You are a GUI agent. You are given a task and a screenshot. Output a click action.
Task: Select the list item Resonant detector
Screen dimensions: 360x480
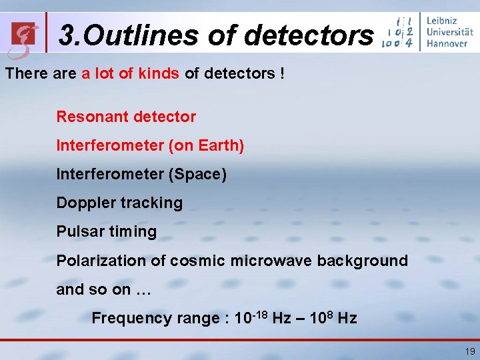tap(126, 117)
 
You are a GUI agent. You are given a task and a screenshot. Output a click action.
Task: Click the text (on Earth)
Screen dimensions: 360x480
tap(206, 145)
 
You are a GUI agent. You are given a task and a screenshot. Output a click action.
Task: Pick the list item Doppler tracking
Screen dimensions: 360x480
tap(119, 203)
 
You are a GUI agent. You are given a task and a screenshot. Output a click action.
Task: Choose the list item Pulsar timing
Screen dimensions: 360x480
tap(107, 231)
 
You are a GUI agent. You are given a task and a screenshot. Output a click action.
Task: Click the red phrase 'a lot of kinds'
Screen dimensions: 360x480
tap(130, 73)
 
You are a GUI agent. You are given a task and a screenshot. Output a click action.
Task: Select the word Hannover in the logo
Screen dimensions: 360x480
tap(447, 43)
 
